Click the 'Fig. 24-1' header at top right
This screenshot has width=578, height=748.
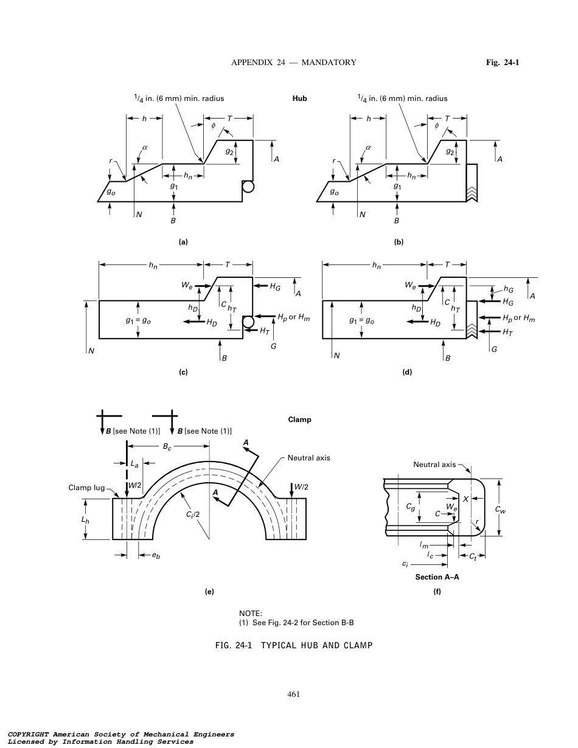[x=502, y=62]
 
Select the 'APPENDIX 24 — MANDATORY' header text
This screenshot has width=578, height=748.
[x=294, y=62]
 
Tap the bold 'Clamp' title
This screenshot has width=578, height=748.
[x=299, y=420]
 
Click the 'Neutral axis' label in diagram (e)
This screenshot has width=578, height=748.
[x=308, y=458]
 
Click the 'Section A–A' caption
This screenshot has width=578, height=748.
[x=437, y=577]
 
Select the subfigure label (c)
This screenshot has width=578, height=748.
[x=183, y=372]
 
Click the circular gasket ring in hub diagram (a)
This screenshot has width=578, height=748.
[x=248, y=187]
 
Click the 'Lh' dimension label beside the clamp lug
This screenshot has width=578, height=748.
[x=85, y=520]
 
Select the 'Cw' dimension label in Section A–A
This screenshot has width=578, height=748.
[x=499, y=509]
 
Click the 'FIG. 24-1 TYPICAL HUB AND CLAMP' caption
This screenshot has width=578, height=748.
[x=294, y=645]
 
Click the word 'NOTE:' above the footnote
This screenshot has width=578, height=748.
[x=250, y=614]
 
